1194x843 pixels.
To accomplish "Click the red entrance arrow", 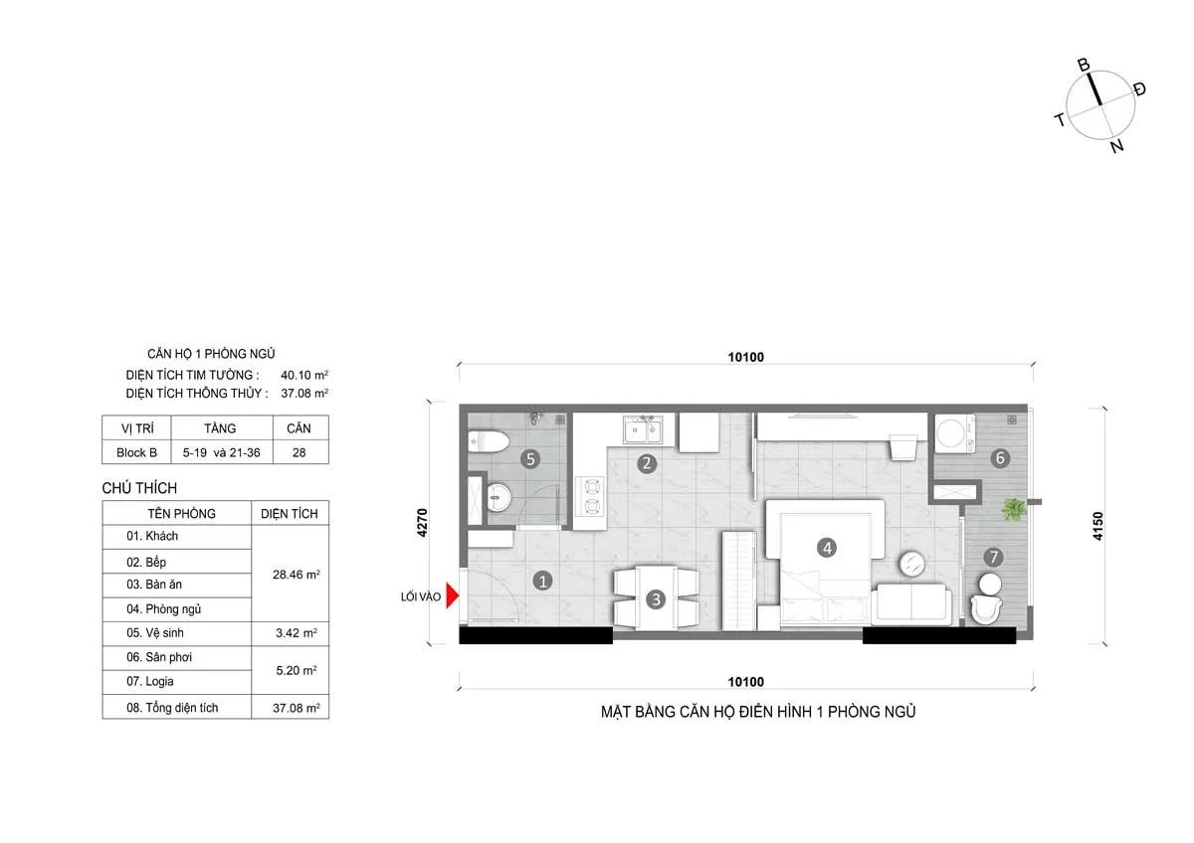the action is (452, 595).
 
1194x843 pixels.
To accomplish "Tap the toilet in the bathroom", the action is (489, 441).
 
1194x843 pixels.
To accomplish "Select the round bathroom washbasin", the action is (499, 497).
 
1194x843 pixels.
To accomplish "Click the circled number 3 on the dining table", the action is (656, 599).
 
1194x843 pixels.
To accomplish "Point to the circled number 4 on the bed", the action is (827, 548).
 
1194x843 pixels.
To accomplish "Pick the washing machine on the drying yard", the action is (954, 433).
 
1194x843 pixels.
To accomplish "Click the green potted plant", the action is (1013, 509).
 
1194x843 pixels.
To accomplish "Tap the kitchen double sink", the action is (643, 429).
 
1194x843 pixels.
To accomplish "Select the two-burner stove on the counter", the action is (591, 497).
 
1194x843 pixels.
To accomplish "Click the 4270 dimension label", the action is (422, 523).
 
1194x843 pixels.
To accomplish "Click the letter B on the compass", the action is (1084, 65).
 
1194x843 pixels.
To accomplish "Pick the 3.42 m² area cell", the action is (297, 633).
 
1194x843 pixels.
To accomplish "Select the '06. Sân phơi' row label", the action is (159, 657).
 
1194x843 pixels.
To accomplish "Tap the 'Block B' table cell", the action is (136, 452).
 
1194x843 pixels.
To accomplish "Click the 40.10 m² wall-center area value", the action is (304, 375).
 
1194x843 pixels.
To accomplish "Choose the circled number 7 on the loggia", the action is (993, 557).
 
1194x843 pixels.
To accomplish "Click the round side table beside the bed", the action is (912, 564).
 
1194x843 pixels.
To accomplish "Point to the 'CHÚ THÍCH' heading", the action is (139, 488).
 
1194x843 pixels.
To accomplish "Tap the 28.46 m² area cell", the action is (297, 575).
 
